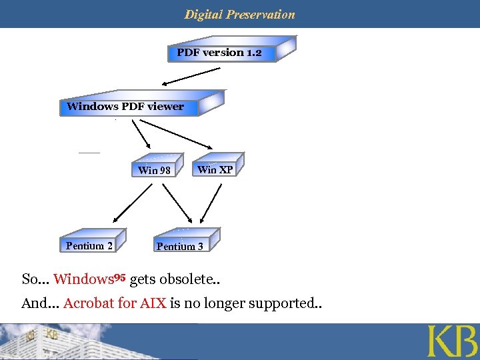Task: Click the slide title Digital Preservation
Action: (x=239, y=14)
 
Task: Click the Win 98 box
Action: (x=155, y=169)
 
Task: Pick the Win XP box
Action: (x=215, y=169)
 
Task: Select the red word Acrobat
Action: (x=88, y=304)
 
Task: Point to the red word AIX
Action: (x=153, y=304)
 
